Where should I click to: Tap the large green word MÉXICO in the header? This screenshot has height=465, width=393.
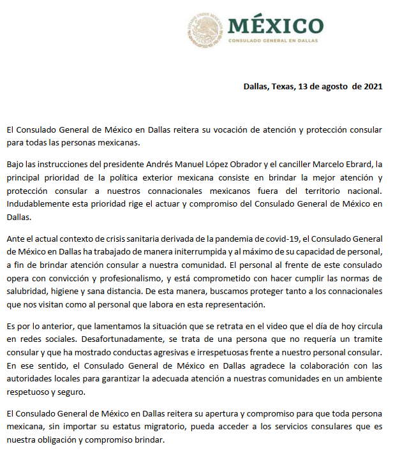pos(275,25)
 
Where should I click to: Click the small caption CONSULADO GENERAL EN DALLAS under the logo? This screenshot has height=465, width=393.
pos(275,40)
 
